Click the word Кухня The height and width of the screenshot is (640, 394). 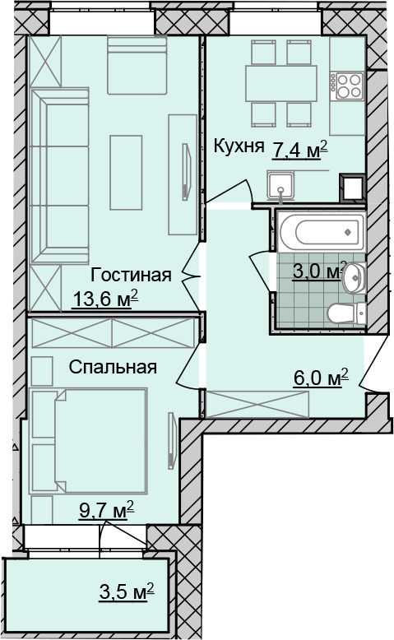pos(239,146)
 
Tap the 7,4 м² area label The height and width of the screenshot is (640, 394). pos(299,150)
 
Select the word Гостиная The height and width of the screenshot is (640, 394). pos(131,275)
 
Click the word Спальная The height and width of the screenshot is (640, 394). pos(113,367)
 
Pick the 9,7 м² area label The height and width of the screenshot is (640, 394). pos(107,510)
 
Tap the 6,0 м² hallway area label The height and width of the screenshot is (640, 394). pos(321,378)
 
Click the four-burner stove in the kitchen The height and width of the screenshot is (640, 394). pos(347,85)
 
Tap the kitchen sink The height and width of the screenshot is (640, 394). pos(280,186)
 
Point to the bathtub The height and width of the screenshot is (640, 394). pos(321,231)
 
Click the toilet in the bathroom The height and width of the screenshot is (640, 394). pos(345,313)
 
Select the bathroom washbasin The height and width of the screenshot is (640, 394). pos(354,277)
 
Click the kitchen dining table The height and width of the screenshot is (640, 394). pos(281,83)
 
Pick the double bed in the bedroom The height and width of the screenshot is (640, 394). pos(100,440)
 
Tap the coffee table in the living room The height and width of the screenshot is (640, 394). pos(126,173)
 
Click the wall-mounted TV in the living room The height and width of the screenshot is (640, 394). pos(186,171)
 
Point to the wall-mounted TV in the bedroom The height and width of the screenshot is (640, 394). pos(171,441)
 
